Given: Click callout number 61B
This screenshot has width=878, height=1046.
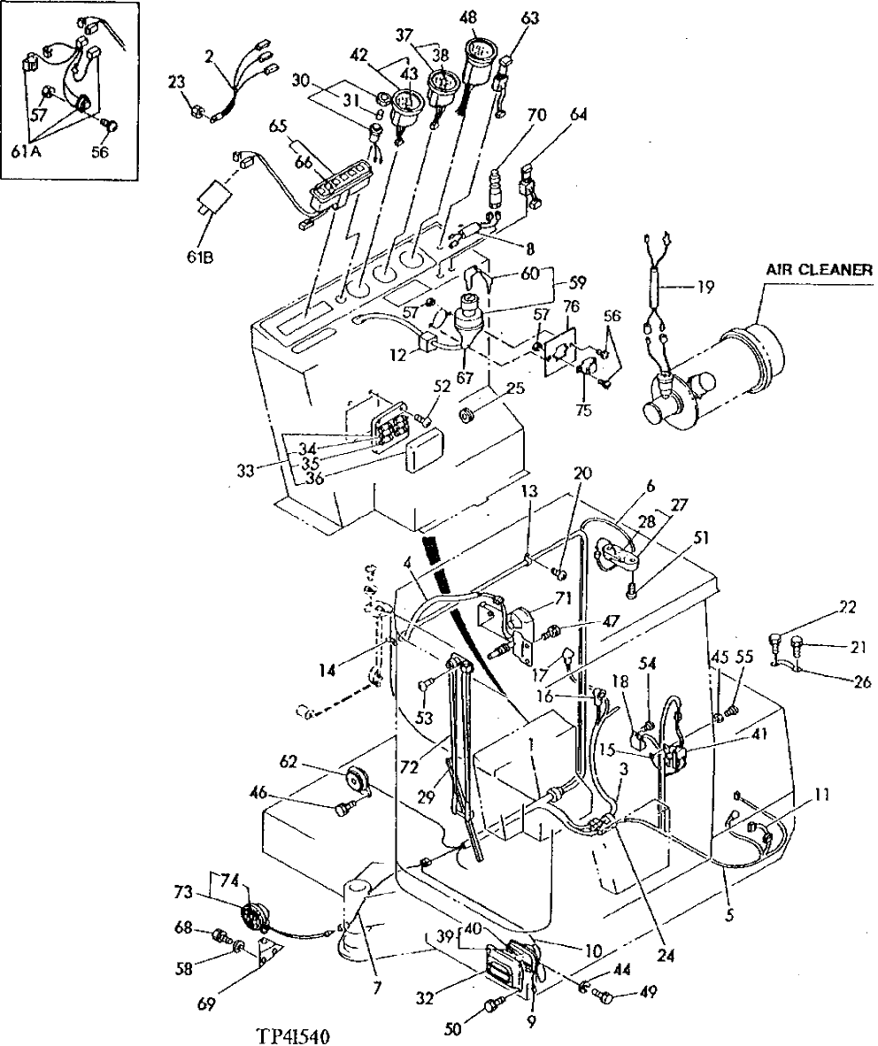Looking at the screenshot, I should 203,257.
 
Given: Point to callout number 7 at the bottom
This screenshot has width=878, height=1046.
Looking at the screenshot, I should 378,986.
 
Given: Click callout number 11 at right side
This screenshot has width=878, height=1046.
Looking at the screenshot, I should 822,795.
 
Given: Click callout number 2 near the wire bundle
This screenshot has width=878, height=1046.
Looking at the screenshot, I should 209,56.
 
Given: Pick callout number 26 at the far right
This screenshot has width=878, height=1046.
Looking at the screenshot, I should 862,681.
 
